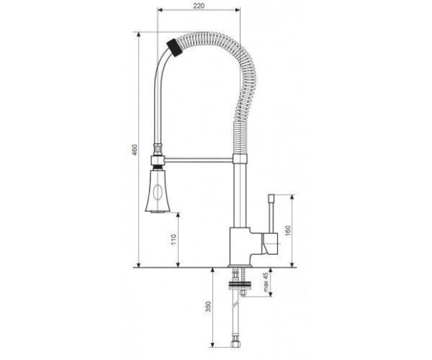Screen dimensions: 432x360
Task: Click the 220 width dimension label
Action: tap(199, 6)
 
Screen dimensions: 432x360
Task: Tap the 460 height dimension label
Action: tap(135, 150)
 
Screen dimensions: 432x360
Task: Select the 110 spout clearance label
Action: tap(174, 240)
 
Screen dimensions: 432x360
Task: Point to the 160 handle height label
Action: tap(288, 231)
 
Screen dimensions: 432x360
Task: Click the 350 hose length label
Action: tap(209, 306)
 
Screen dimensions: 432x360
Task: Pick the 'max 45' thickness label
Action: tap(266, 282)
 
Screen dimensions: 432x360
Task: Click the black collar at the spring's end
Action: tap(175, 48)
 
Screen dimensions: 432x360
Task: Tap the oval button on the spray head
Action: tap(158, 192)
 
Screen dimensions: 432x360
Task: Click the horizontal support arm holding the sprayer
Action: tap(199, 160)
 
